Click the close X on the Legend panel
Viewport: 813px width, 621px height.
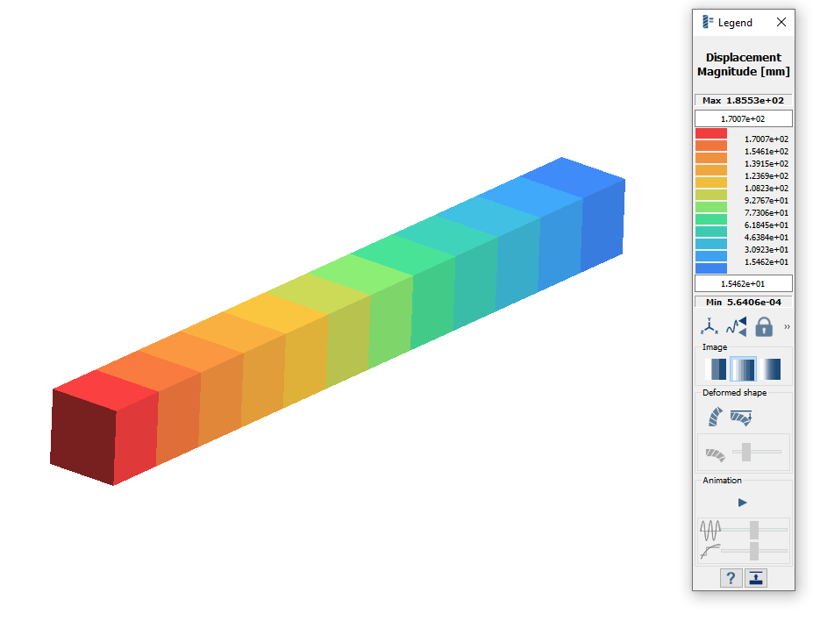(781, 22)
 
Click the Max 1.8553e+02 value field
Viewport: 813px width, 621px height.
(744, 100)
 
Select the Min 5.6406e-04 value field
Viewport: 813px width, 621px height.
(744, 302)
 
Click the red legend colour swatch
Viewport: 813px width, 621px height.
(711, 133)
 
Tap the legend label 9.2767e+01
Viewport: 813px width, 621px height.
(767, 200)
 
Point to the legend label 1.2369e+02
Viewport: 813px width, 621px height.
(767, 175)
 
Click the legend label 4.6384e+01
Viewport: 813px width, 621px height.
(767, 237)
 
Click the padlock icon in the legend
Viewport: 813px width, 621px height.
(764, 327)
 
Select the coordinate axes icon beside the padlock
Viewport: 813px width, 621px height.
(710, 326)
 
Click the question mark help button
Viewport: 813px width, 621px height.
(731, 578)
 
